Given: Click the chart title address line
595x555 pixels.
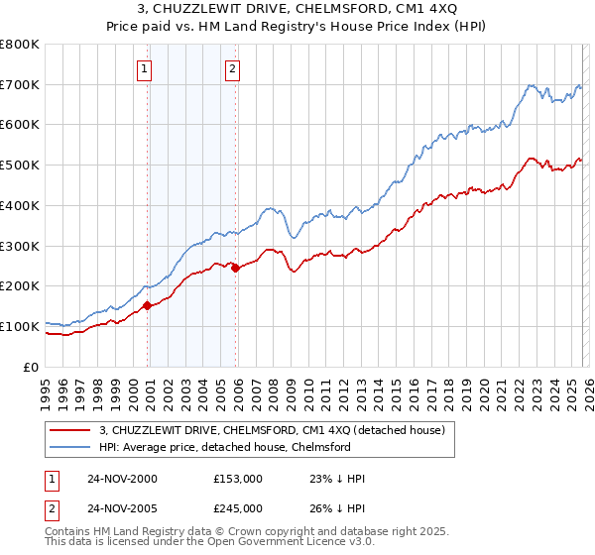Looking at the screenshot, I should click(x=297, y=8).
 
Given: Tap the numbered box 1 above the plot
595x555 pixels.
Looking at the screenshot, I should click(x=145, y=68).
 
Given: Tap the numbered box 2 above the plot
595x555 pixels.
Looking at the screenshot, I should click(x=232, y=68).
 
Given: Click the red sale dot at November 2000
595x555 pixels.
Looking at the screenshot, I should click(x=148, y=305).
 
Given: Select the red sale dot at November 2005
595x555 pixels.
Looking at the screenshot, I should click(x=235, y=268).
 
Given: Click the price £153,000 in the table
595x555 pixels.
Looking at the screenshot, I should click(x=237, y=479).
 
